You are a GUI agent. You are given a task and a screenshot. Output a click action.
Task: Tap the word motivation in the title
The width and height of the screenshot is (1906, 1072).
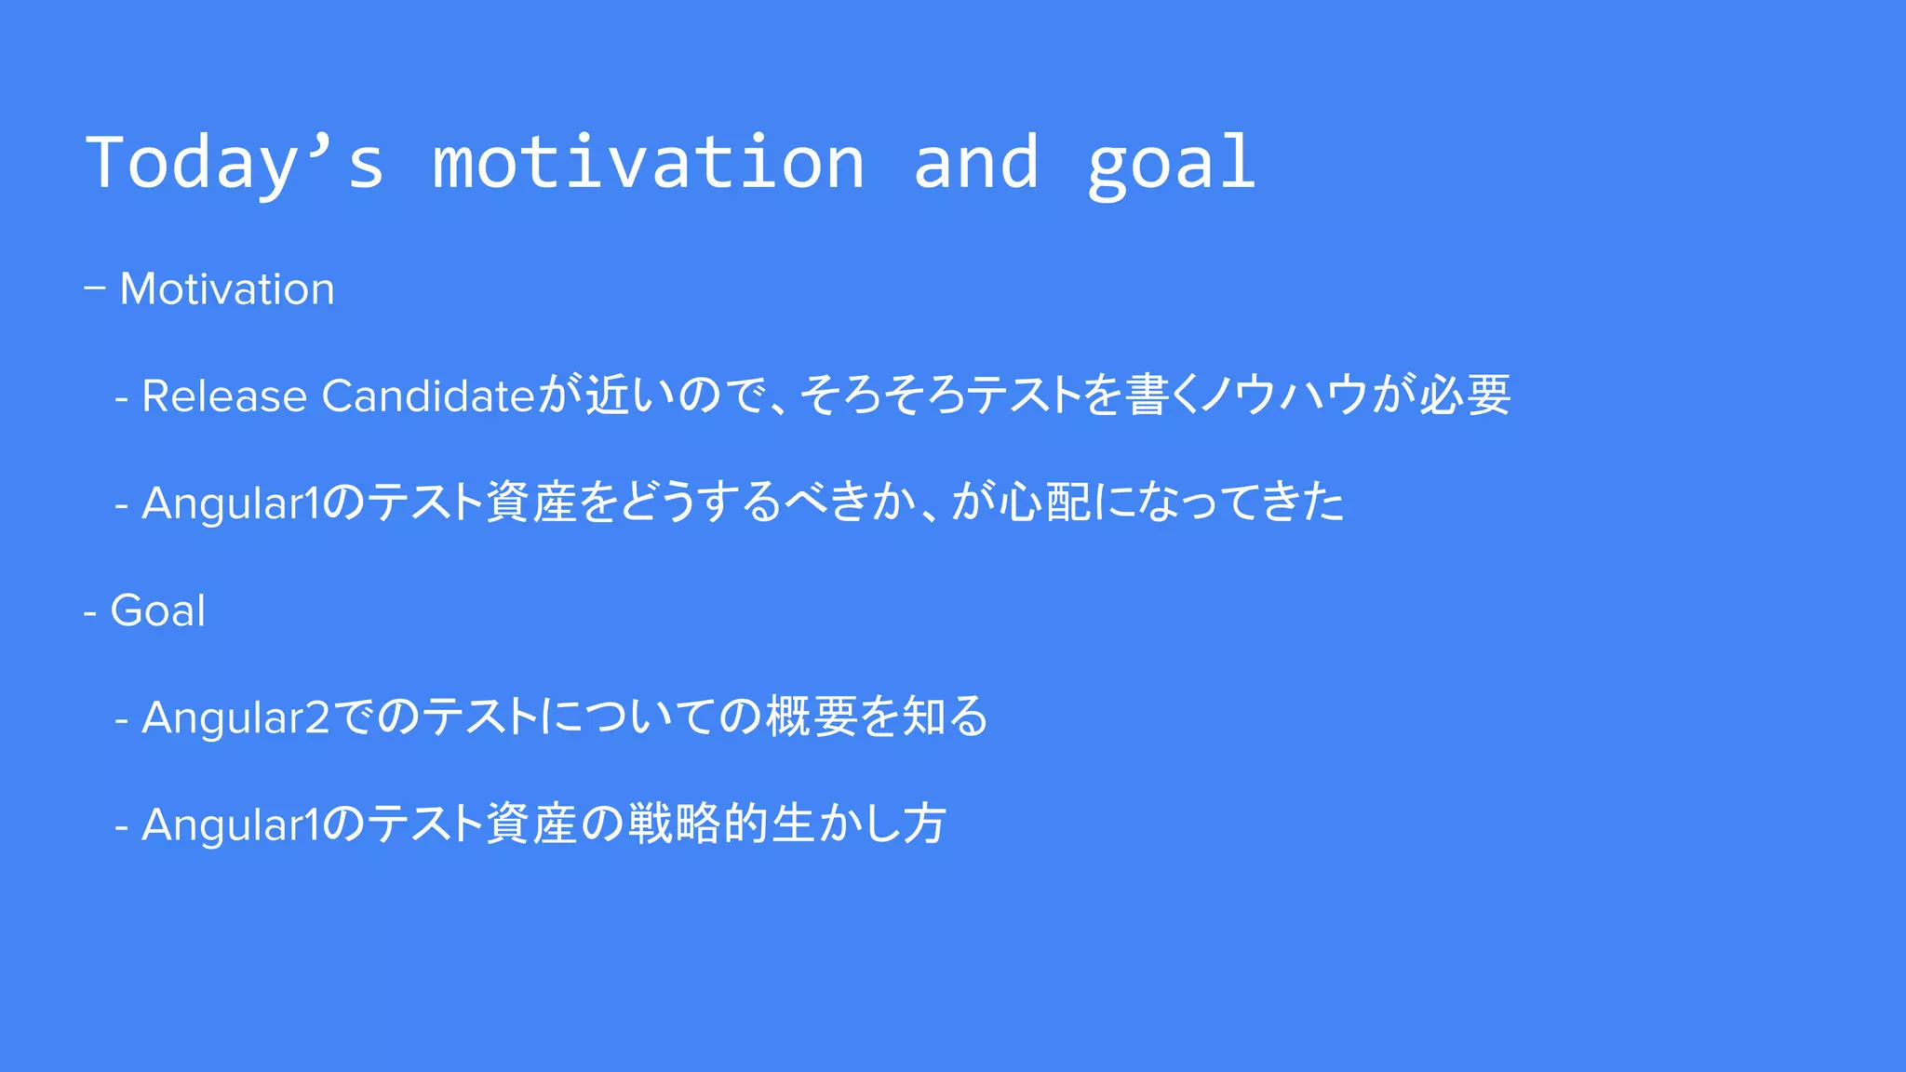649,163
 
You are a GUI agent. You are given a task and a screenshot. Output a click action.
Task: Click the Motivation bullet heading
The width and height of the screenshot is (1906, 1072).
227,289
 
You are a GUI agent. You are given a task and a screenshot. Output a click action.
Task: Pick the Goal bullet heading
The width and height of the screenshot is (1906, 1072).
157,611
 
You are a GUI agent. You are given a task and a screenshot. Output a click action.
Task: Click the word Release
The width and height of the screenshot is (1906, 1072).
224,396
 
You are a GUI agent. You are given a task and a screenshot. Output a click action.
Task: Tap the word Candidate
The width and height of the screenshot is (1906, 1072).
428,396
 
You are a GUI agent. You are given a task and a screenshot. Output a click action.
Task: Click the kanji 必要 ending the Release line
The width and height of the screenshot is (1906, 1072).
1465,395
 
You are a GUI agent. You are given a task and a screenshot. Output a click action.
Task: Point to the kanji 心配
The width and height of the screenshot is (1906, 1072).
1045,502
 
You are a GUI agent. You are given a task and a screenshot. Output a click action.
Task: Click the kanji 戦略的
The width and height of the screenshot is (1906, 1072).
698,824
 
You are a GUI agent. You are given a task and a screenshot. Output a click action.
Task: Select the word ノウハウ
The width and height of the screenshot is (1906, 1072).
1284,395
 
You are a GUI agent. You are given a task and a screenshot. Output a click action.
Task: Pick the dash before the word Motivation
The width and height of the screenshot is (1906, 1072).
94,288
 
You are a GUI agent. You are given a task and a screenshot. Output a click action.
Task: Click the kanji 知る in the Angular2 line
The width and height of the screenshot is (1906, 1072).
945,717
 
